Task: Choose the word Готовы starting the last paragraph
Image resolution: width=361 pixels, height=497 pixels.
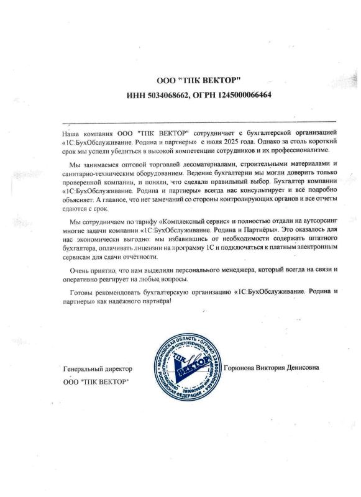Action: coord(85,292)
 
